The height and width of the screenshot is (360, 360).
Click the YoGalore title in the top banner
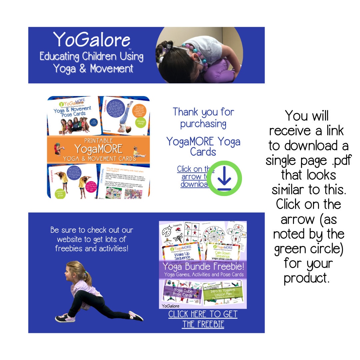92,40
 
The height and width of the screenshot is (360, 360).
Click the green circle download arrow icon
224,178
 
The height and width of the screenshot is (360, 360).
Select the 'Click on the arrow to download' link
195,177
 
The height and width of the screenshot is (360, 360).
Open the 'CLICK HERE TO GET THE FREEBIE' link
203,319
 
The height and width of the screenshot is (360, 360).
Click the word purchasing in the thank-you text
203,124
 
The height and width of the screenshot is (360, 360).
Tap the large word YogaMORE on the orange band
98,149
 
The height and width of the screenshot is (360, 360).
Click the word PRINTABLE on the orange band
98,140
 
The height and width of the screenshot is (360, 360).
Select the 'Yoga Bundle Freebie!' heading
204,267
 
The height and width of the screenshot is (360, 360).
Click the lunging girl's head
73,272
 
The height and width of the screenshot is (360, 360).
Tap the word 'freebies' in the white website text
70,248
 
